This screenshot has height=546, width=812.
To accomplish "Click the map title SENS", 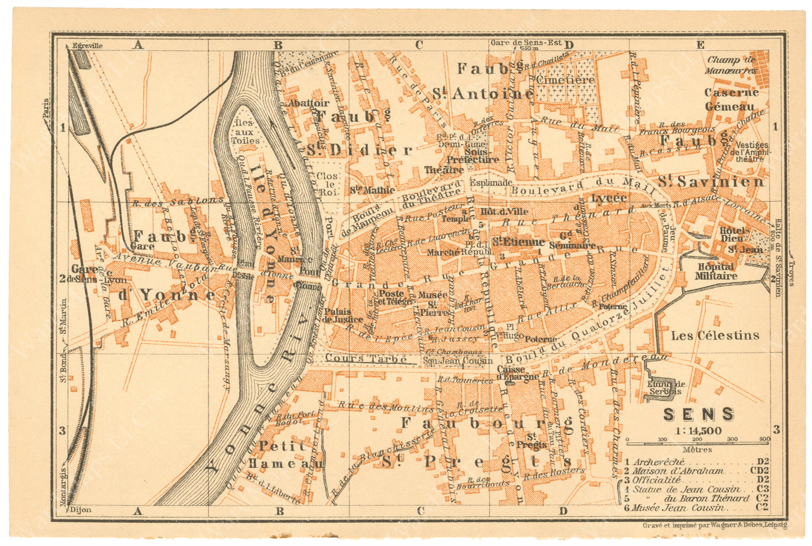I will (x=698, y=415).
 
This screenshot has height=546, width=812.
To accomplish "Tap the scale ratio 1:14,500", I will (x=698, y=431).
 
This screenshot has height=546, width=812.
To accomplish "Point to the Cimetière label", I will (x=565, y=80).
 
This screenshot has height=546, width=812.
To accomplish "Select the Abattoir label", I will (x=309, y=103).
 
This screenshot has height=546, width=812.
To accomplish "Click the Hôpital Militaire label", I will (x=716, y=271).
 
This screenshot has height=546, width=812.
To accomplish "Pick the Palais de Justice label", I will (x=336, y=315).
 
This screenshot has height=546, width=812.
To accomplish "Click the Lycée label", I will (x=608, y=198).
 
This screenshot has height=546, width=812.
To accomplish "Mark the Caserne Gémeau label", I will (x=731, y=100).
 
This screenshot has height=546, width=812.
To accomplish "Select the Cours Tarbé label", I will (x=366, y=359).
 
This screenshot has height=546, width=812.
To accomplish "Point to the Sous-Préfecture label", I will (x=473, y=156).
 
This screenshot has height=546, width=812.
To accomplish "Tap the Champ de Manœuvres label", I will (x=731, y=65).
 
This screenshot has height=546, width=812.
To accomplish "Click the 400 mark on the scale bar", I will (x=764, y=439).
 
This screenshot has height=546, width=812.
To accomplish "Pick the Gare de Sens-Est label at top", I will (x=526, y=43).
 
